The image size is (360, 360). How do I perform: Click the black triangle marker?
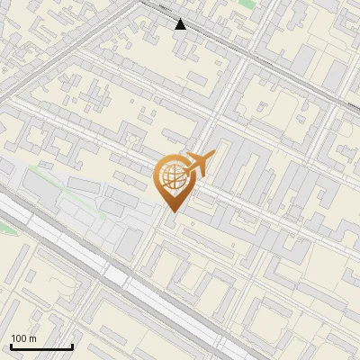coord(180,24)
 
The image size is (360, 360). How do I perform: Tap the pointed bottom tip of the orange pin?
coord(172,212)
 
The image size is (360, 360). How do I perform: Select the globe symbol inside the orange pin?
coord(172,176)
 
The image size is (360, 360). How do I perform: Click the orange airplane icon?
coord(198,165)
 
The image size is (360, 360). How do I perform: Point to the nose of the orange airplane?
coord(213,154)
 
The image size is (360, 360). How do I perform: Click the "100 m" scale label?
coord(23,338)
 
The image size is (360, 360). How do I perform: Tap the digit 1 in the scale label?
coord(13,338)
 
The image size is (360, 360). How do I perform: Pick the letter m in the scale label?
coord(33,339)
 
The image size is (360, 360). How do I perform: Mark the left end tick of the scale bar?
coord(11,346)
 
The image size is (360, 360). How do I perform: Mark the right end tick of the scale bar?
coord(72,346)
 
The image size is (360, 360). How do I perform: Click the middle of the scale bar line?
coord(41,347)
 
